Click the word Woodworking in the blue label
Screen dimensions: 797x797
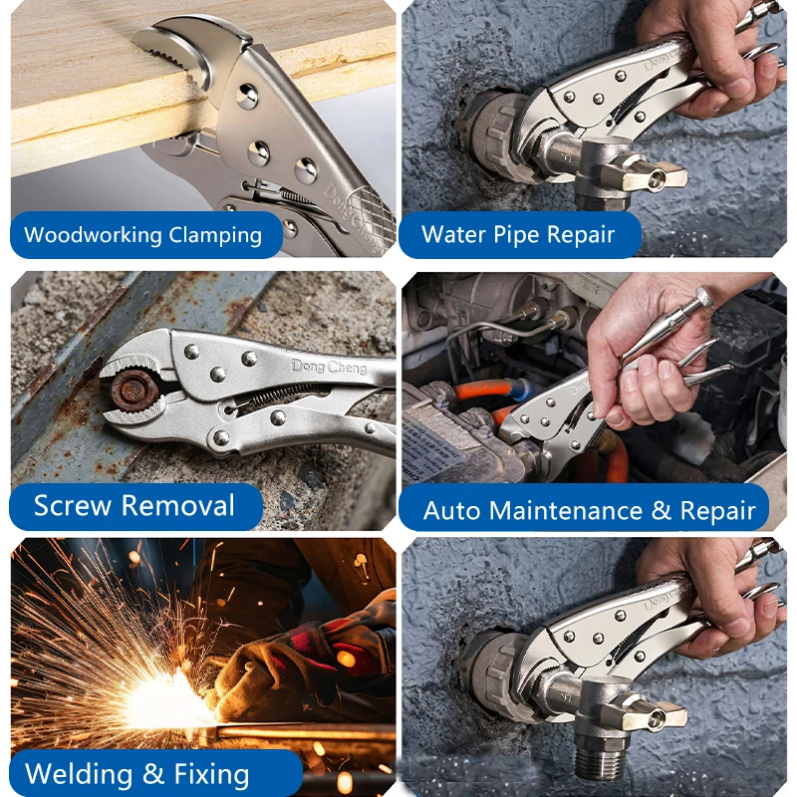(93, 235)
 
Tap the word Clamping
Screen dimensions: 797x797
(215, 236)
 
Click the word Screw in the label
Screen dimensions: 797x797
(72, 506)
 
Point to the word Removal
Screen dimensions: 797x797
(178, 506)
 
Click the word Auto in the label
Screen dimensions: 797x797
(451, 510)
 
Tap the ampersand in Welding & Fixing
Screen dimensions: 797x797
(153, 774)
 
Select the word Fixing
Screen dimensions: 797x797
(211, 775)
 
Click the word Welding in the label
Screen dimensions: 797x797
(79, 774)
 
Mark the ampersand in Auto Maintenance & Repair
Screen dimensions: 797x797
(661, 510)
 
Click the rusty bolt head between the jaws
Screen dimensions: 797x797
(134, 391)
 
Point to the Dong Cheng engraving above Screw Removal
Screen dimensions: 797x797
(330, 367)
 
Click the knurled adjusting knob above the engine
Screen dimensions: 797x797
(704, 296)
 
